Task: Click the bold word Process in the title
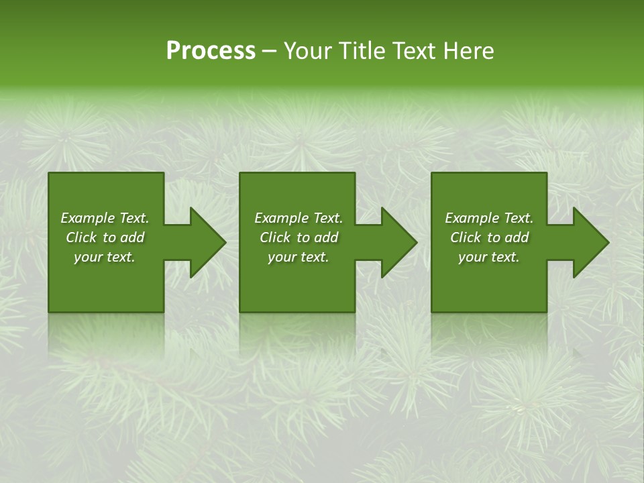[211, 51]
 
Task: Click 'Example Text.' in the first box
[105, 218]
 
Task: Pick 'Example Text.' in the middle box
[299, 218]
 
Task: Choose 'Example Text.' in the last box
[489, 218]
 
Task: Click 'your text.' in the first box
[105, 257]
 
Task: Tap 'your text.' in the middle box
[299, 257]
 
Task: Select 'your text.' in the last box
[489, 257]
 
